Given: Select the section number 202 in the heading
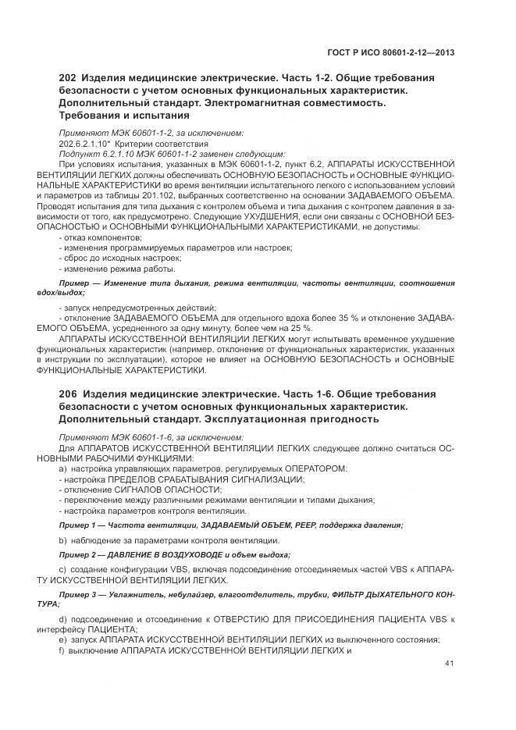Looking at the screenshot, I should coord(69,79).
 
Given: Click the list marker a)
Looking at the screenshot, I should coord(62,468).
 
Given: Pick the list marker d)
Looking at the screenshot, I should coord(62,619).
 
